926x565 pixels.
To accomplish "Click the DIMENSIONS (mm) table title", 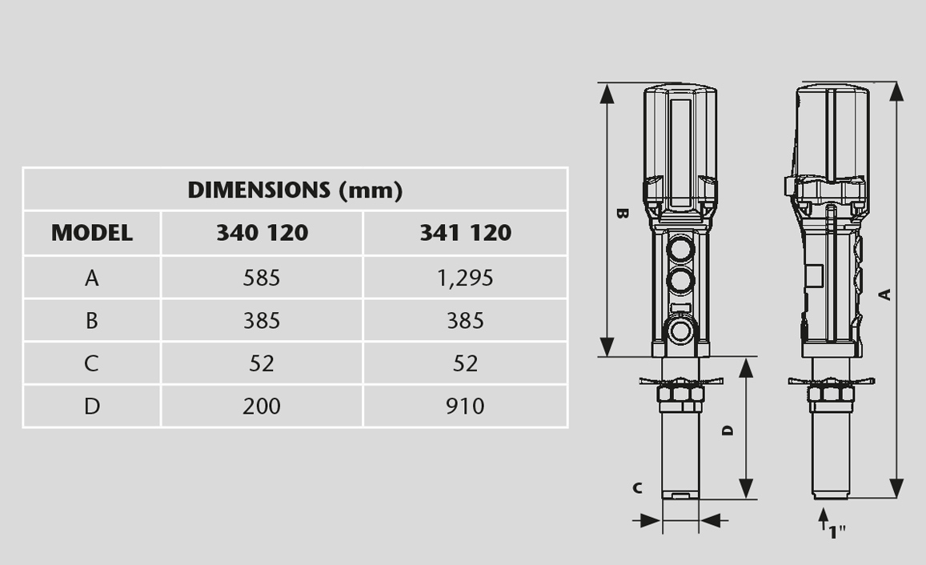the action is (x=295, y=190).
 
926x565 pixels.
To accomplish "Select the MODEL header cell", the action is (x=91, y=233).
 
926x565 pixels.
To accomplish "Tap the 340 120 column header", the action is (x=262, y=233).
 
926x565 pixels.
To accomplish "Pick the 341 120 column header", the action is (x=465, y=233).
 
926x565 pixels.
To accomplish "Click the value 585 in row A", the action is (x=262, y=278).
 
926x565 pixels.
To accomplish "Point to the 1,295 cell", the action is (x=465, y=278).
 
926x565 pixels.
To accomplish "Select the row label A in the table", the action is (x=91, y=278).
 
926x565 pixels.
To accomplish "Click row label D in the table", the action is (x=91, y=407).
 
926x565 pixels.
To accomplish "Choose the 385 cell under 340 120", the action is (x=262, y=321).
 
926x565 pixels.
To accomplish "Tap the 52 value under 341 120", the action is (x=465, y=363).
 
